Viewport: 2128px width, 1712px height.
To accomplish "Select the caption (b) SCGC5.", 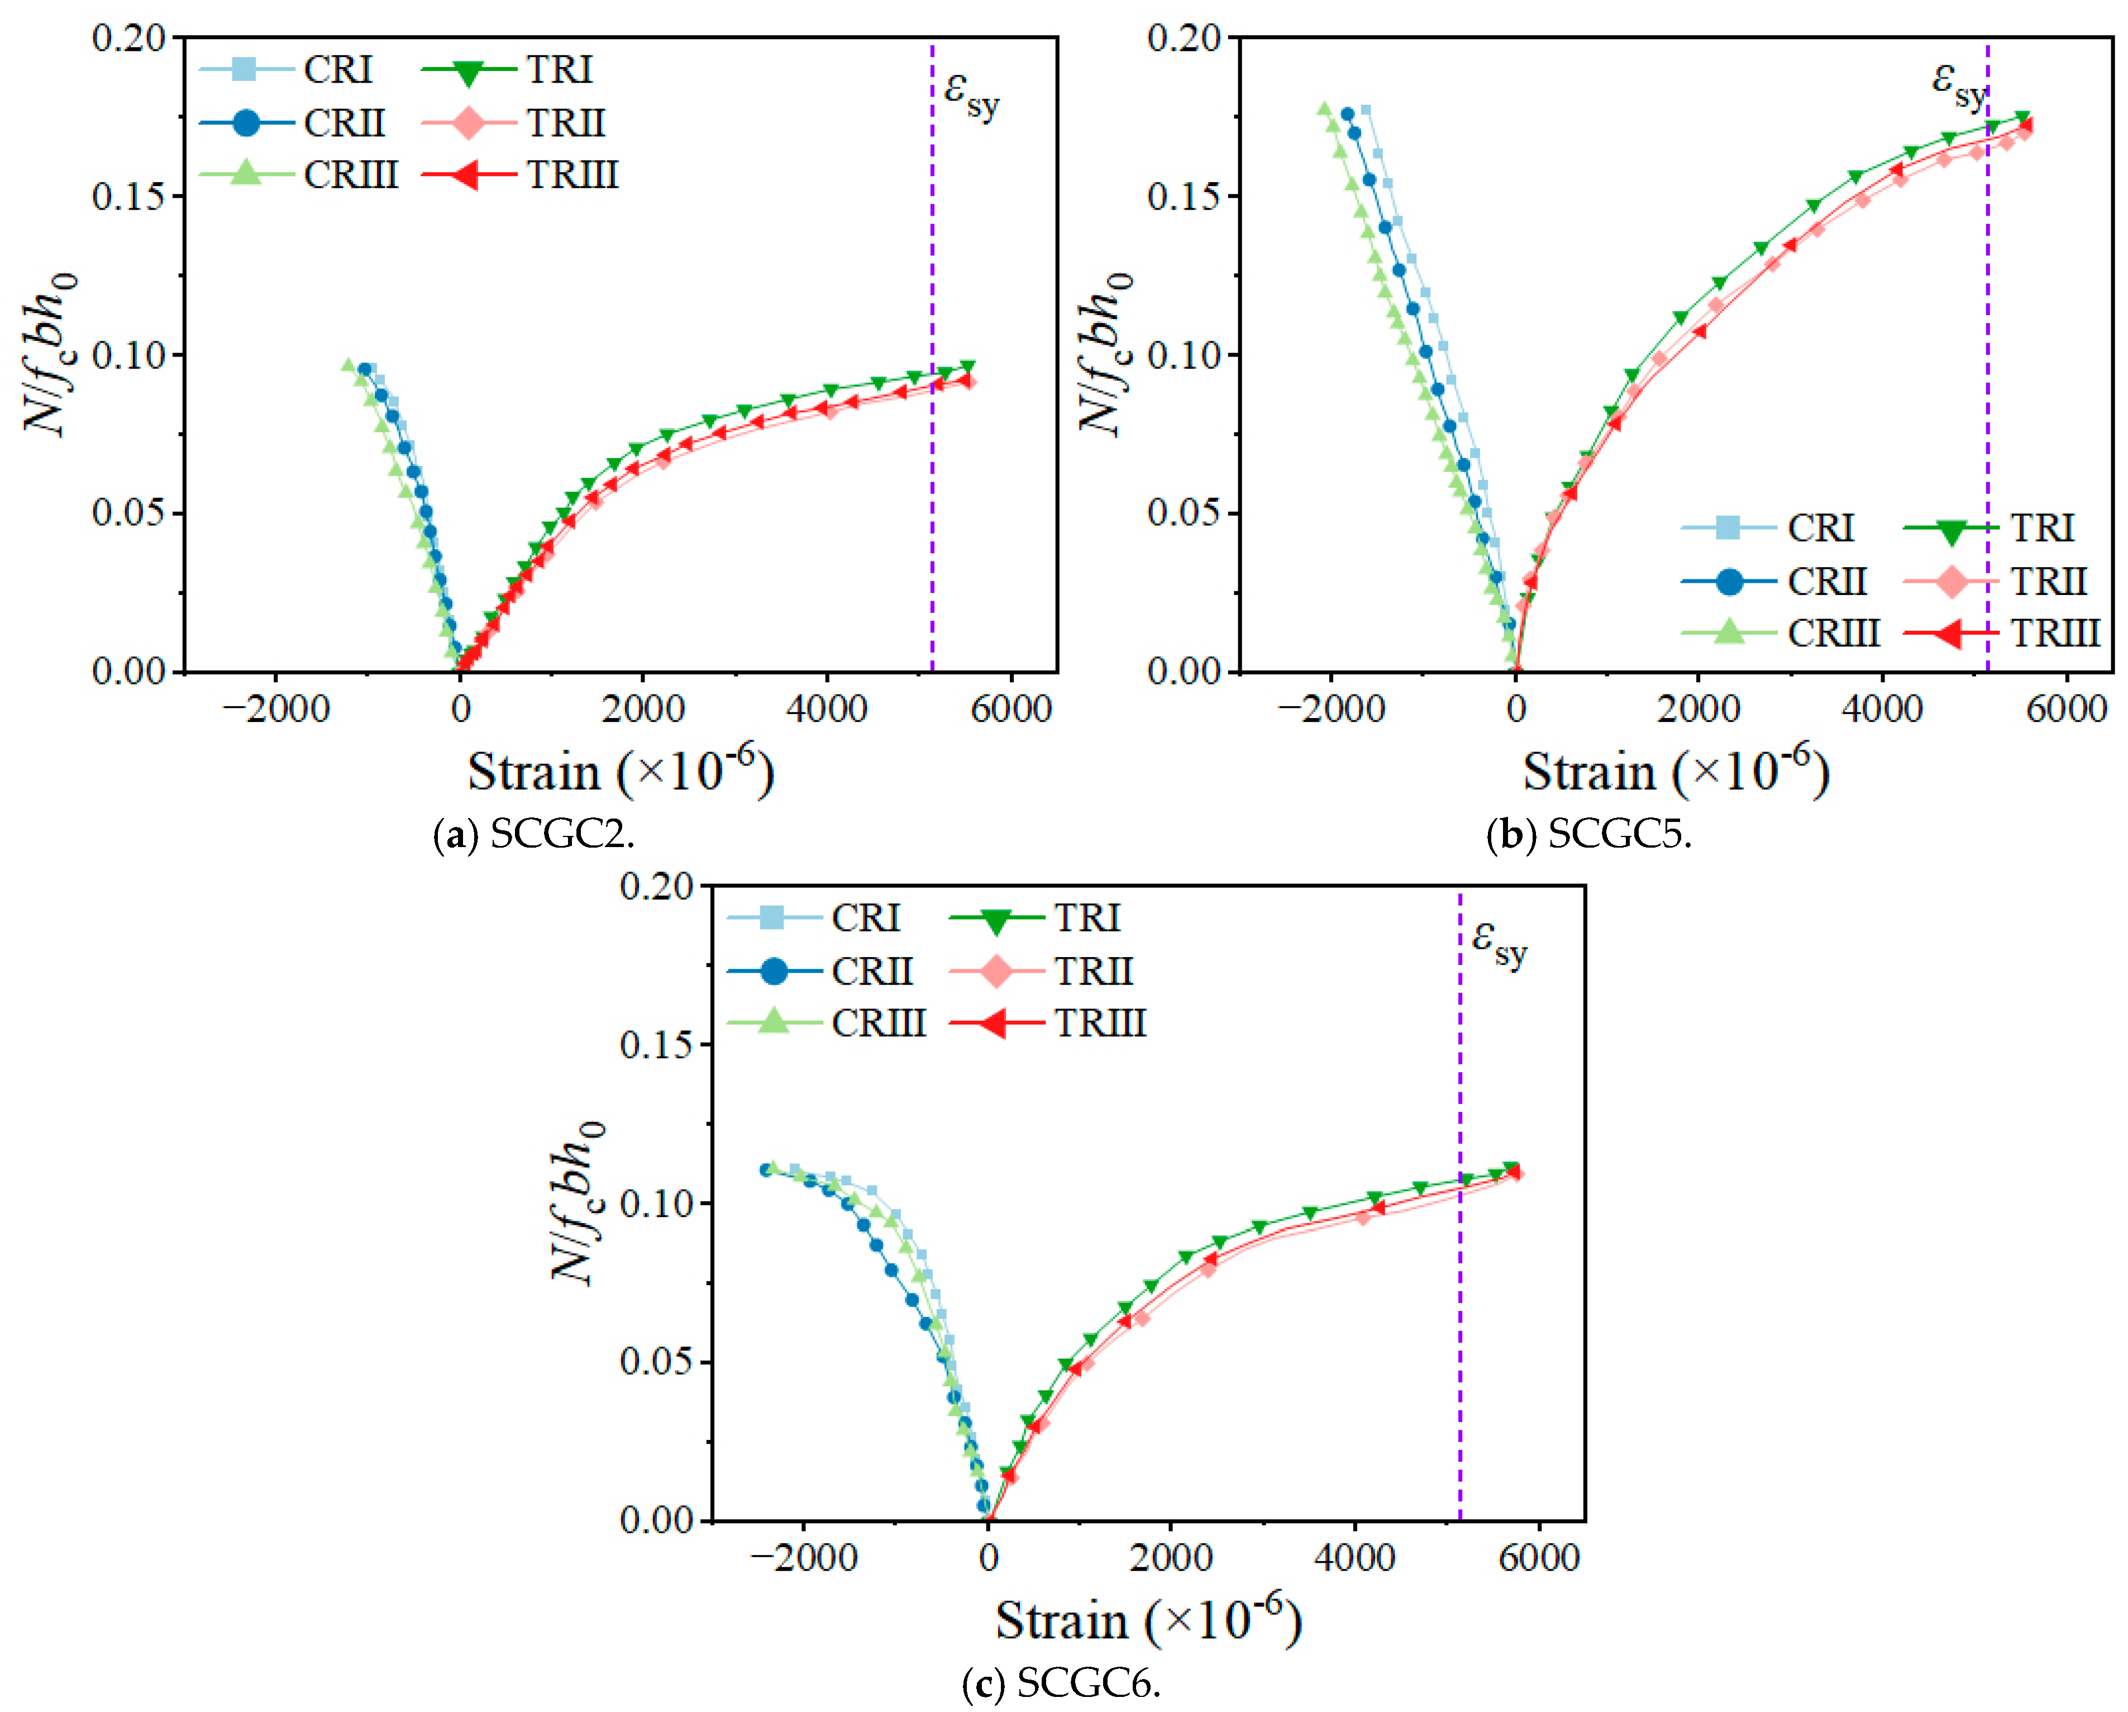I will tap(1589, 835).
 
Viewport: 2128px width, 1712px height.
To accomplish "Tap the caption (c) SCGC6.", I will tap(1061, 1684).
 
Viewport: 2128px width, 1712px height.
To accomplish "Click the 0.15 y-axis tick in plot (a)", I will tap(129, 197).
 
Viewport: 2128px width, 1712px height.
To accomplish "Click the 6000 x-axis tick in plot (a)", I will tap(1011, 709).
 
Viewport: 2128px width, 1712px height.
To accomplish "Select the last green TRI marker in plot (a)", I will tap(967, 367).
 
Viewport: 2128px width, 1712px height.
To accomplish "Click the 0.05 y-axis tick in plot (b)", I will tap(1185, 513).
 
